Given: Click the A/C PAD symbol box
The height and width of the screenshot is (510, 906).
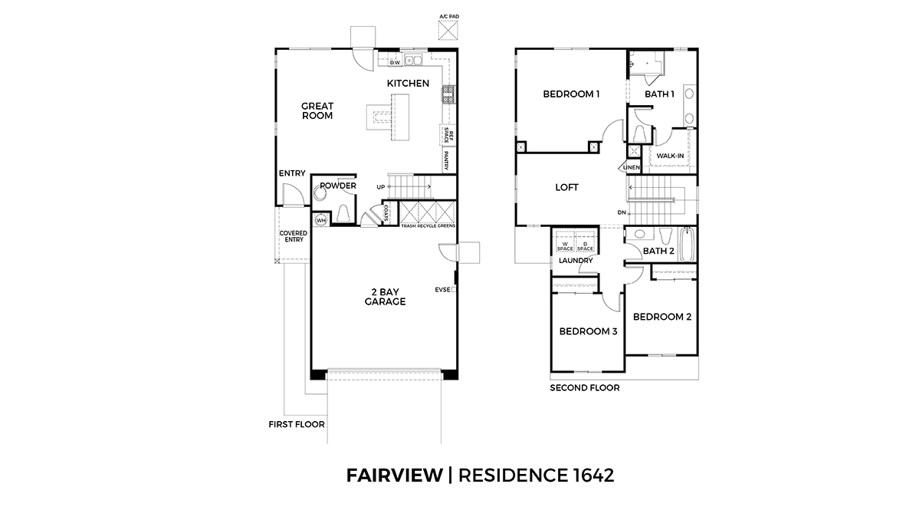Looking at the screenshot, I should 448,30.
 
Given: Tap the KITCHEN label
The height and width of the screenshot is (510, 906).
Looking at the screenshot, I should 407,83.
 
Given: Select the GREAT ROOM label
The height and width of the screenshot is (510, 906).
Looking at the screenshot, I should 317,111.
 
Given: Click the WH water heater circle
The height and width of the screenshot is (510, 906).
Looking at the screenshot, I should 321,220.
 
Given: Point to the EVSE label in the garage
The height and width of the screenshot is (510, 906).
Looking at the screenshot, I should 442,290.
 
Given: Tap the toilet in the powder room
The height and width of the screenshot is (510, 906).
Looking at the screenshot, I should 344,212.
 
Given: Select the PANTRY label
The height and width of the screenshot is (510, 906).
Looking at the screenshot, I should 445,160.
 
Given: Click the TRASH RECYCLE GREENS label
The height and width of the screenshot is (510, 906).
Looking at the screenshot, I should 428,226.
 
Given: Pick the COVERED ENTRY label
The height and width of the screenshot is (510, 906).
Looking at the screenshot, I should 293,236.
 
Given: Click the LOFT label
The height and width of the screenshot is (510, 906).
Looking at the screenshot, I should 566,187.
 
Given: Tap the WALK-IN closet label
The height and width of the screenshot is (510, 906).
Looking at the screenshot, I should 670,156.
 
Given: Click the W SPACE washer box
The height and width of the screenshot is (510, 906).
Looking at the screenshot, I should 565,244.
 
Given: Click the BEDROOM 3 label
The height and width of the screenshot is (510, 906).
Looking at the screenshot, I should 588,331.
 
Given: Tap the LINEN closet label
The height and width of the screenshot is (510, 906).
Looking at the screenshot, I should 631,167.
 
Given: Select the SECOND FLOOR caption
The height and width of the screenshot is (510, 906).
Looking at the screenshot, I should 584,388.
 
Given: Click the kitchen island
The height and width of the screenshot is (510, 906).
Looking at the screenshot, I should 399,116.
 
